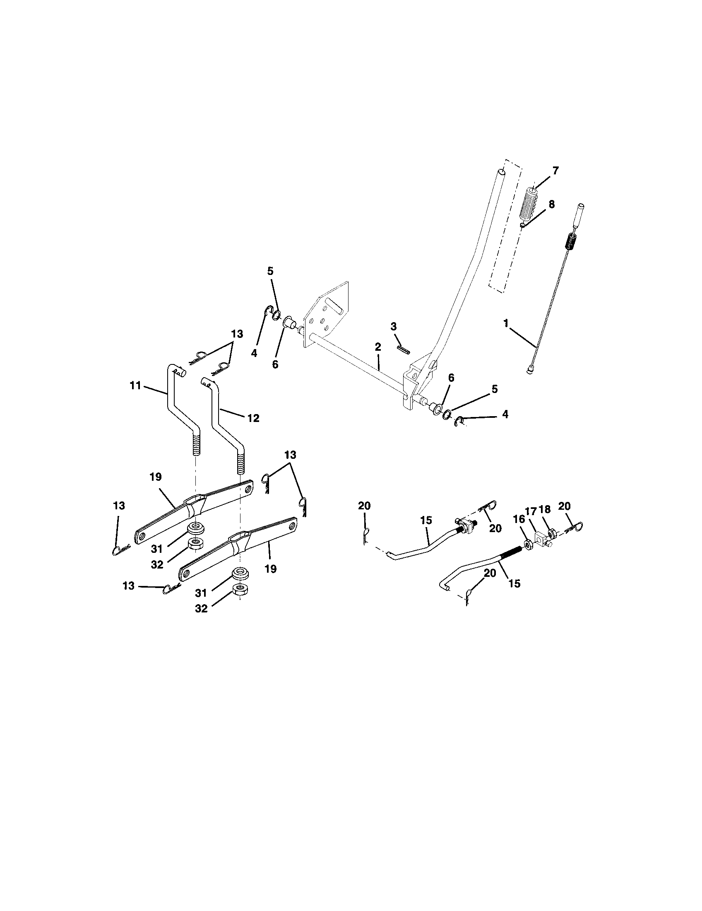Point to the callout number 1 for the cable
tap(506, 323)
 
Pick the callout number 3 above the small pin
tap(394, 326)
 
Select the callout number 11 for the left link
tap(135, 386)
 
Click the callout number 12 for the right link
tap(253, 418)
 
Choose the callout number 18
tap(544, 509)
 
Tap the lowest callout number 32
tap(201, 609)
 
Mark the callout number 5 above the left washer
tap(270, 271)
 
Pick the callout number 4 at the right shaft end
tap(505, 414)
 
